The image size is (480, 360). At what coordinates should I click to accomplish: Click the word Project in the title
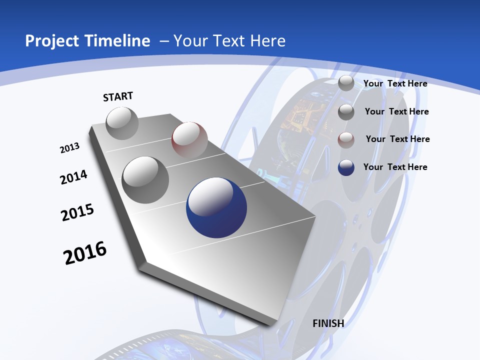[x=49, y=41]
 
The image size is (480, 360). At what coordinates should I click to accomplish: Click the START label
[x=118, y=96]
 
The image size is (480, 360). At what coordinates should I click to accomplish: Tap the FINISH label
[x=328, y=323]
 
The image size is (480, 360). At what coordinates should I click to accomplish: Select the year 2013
[x=70, y=148]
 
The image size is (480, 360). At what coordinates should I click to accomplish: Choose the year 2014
[x=74, y=177]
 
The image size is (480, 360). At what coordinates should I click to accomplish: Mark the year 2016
[x=85, y=253]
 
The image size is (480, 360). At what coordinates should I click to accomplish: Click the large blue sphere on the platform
[x=216, y=207]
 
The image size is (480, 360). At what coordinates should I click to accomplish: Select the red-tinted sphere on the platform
[x=189, y=140]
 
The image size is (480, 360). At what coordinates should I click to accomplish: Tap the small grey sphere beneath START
[x=122, y=123]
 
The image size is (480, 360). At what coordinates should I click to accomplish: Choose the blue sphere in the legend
[x=346, y=167]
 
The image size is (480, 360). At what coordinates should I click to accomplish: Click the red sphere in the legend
[x=346, y=139]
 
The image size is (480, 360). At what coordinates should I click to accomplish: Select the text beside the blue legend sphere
[x=395, y=167]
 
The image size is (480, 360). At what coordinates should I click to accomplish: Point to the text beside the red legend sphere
[x=397, y=139]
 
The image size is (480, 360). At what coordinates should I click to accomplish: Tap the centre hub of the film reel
[x=355, y=218]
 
